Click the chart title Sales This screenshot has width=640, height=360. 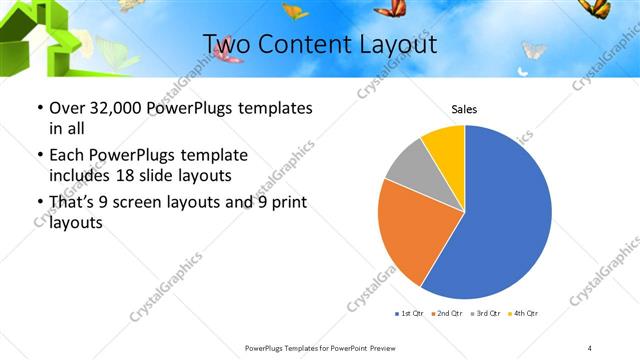(464, 108)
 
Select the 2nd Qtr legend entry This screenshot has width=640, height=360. (445, 314)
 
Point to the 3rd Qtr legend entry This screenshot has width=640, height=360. (484, 314)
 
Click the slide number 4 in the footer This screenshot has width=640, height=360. (590, 347)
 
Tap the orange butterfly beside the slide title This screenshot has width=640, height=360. (295, 12)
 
